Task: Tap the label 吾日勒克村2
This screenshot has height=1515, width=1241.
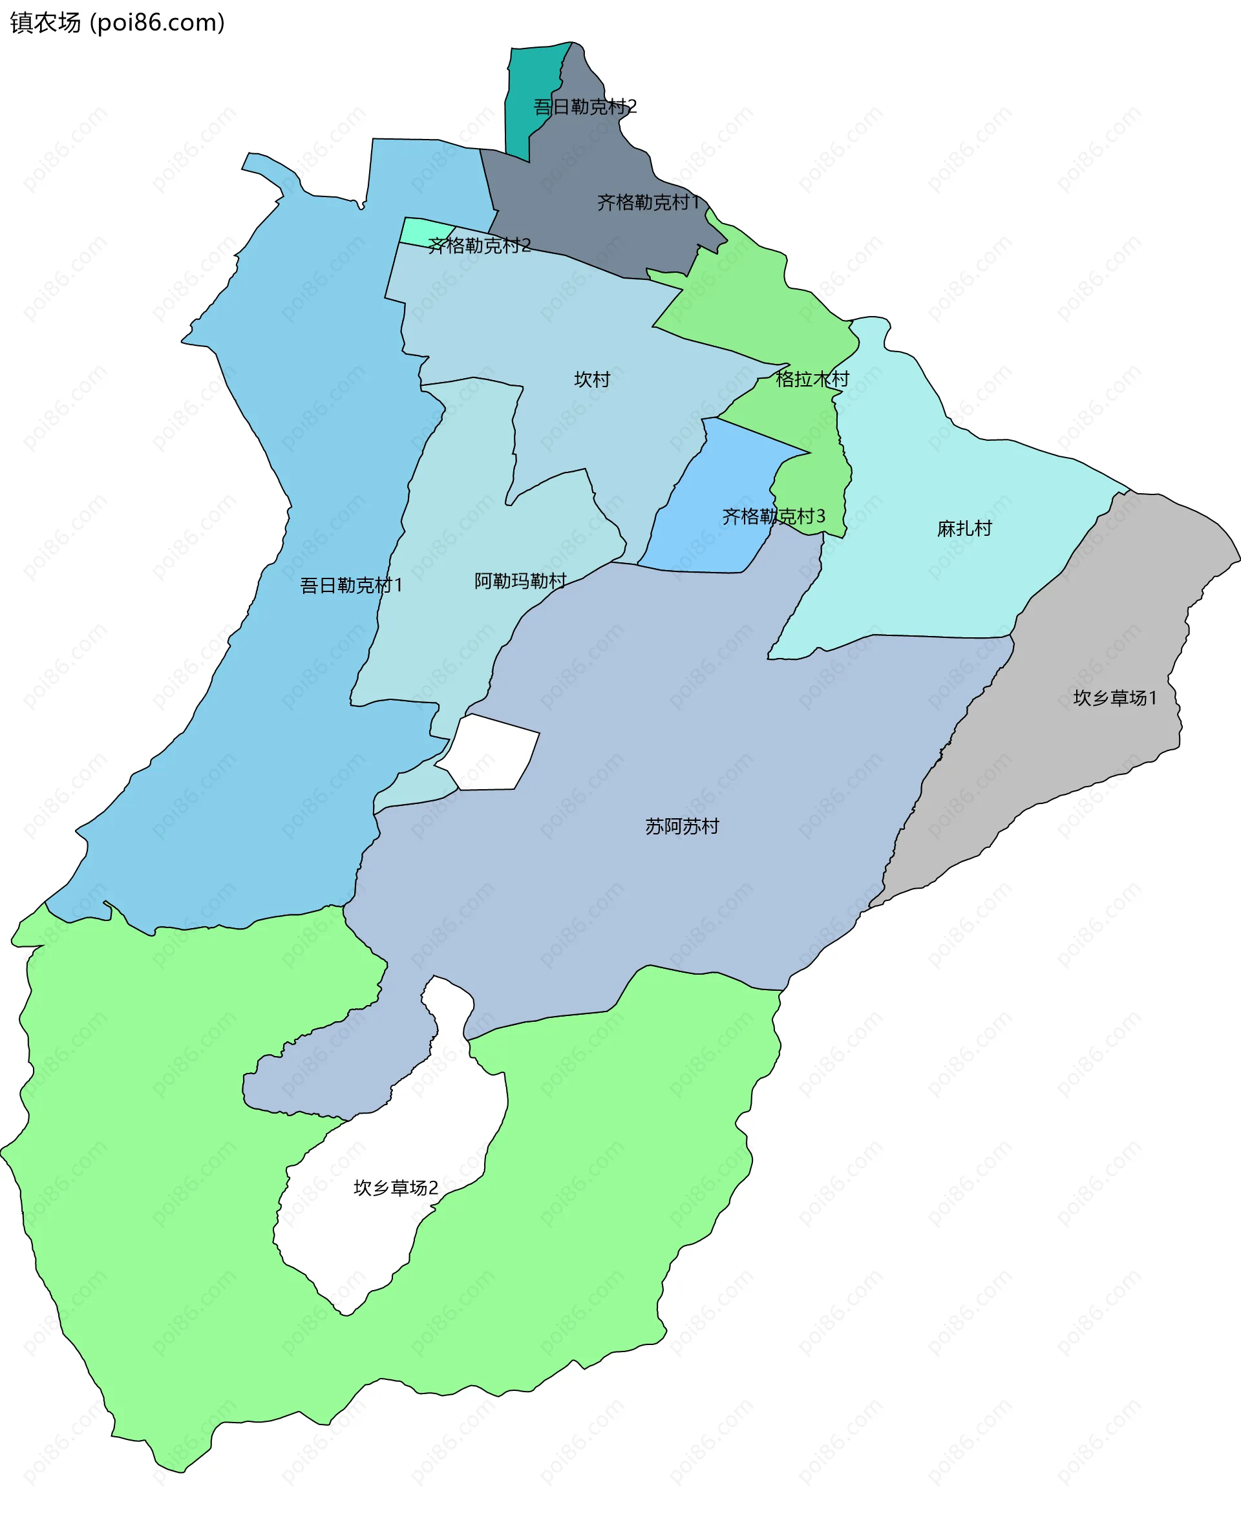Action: tap(585, 107)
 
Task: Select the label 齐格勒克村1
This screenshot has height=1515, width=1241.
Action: tap(648, 203)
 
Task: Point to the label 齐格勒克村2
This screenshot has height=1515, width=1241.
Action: tap(479, 246)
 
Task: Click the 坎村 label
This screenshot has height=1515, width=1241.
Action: tap(592, 379)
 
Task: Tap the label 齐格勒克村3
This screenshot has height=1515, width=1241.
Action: tap(774, 516)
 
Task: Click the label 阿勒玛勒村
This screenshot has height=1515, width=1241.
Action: tap(520, 580)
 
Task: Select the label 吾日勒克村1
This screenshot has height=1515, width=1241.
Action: tap(351, 586)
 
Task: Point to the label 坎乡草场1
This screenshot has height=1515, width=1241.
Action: tap(1114, 698)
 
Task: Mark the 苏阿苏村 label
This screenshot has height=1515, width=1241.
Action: tap(682, 827)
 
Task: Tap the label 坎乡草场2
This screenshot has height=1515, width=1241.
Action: tap(396, 1187)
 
